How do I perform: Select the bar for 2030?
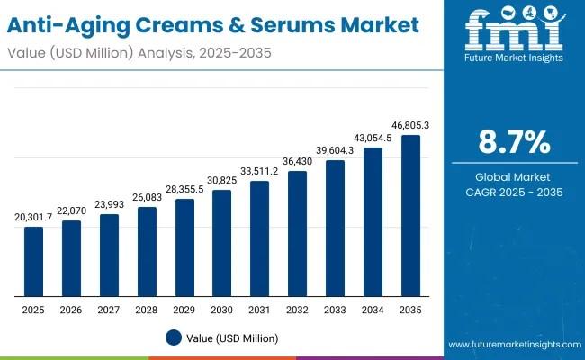(x=222, y=243)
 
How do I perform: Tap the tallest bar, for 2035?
(x=410, y=216)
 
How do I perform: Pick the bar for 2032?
(x=297, y=233)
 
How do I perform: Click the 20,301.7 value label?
(x=33, y=218)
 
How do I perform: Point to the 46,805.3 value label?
(x=410, y=126)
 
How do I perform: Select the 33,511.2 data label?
(x=259, y=172)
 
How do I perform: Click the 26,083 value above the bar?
(x=147, y=198)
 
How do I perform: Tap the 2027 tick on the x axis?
(x=109, y=310)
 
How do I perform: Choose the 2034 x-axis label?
(x=373, y=310)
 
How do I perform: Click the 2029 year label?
(x=184, y=310)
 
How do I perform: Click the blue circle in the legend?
(x=174, y=337)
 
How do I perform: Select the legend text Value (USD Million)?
(x=231, y=337)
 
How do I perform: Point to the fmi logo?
(x=514, y=31)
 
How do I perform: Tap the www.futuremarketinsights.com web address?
(x=512, y=345)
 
